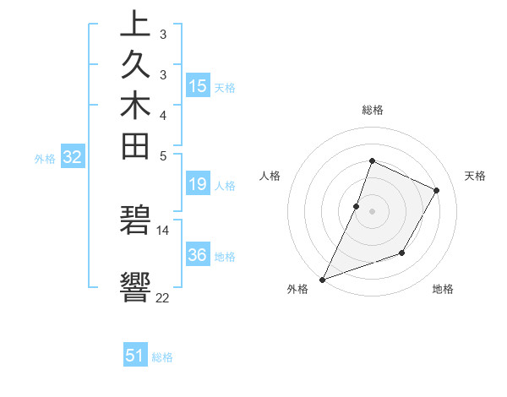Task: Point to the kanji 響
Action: (135, 288)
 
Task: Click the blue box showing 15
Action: (198, 85)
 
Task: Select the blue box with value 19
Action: (198, 185)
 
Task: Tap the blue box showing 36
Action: (198, 254)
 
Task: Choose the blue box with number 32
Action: (73, 156)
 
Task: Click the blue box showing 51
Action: (135, 356)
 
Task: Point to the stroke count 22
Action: (162, 298)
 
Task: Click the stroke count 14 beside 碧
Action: (162, 230)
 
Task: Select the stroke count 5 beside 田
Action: (162, 155)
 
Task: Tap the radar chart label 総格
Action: (372, 110)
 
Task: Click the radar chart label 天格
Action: (476, 176)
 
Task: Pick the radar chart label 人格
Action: (270, 176)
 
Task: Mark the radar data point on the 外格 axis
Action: (323, 279)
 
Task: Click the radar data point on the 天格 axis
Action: (437, 190)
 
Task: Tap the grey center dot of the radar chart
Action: (372, 211)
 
